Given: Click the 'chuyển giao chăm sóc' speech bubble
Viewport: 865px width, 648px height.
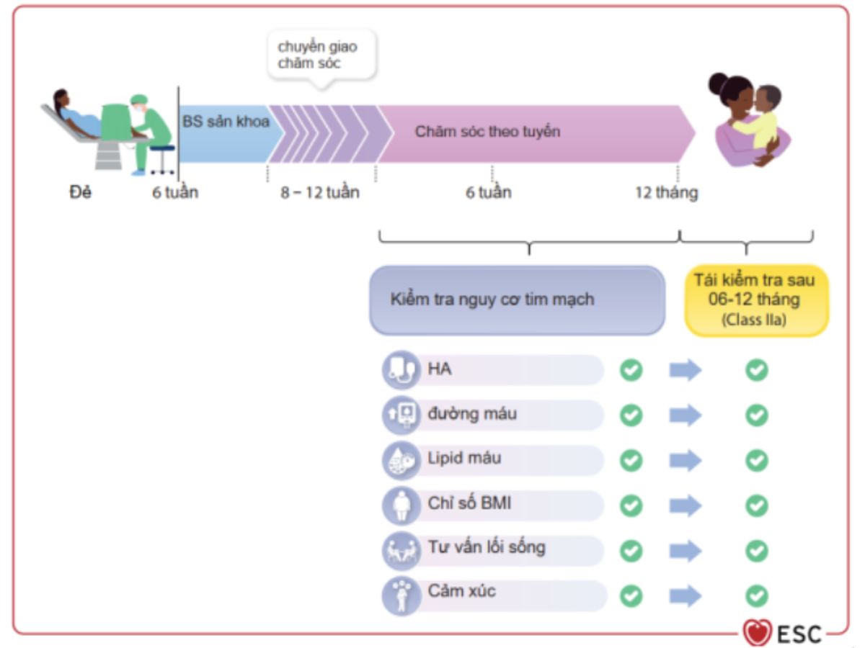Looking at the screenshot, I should pyautogui.click(x=321, y=55).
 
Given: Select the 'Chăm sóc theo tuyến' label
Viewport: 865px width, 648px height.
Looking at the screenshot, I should pyautogui.click(x=487, y=132).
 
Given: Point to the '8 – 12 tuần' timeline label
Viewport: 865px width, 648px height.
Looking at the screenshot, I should pyautogui.click(x=320, y=193).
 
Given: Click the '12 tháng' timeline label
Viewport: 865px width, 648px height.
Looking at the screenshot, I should pyautogui.click(x=666, y=193).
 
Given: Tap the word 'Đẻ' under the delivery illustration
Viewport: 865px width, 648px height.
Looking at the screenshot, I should pyautogui.click(x=80, y=193).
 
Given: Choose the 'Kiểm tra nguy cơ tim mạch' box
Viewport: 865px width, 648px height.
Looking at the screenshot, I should pyautogui.click(x=516, y=300).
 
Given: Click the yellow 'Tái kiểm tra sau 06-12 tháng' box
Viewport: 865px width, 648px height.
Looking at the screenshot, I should pyautogui.click(x=755, y=300).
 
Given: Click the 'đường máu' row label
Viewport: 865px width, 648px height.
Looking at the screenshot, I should pyautogui.click(x=472, y=415).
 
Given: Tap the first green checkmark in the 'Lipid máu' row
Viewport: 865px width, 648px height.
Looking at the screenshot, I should pyautogui.click(x=631, y=460).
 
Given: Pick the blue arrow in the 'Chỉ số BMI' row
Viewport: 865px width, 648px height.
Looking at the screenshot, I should pyautogui.click(x=685, y=505).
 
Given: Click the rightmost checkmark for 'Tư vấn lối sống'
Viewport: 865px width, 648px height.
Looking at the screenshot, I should pyautogui.click(x=756, y=551).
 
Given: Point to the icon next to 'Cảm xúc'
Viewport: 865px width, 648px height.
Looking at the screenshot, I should pyautogui.click(x=401, y=595).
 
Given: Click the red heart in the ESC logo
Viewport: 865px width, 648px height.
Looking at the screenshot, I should pyautogui.click(x=757, y=633).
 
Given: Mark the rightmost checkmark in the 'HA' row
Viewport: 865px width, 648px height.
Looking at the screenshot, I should pyautogui.click(x=756, y=370).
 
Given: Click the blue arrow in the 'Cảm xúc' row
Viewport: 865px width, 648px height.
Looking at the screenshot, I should pyautogui.click(x=685, y=595).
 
